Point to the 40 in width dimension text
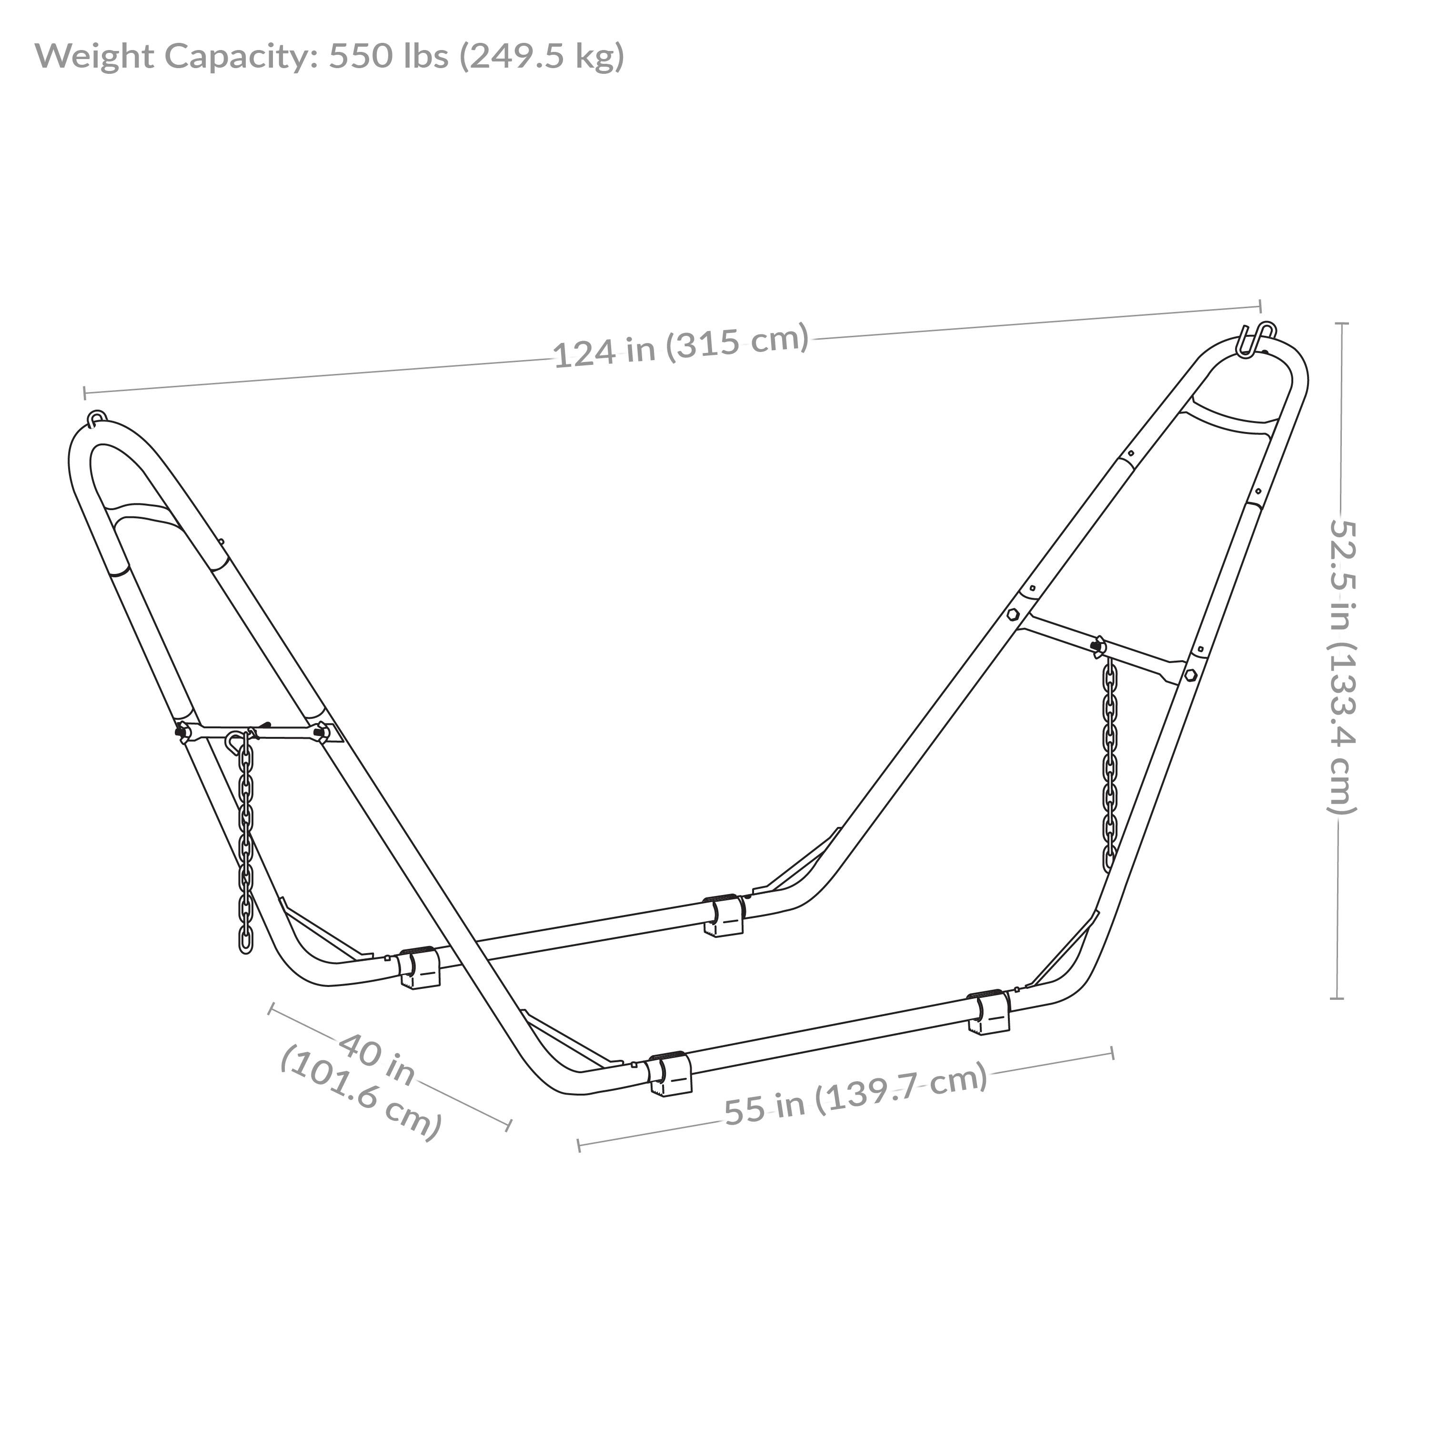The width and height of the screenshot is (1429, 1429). (x=377, y=1061)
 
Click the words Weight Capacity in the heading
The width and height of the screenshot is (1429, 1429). (x=176, y=56)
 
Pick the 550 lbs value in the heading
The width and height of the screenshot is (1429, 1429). (x=388, y=56)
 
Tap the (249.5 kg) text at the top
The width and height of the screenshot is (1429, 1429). (x=542, y=56)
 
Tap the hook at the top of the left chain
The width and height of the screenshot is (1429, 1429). (x=235, y=740)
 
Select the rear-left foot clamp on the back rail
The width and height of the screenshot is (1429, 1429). (x=419, y=967)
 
